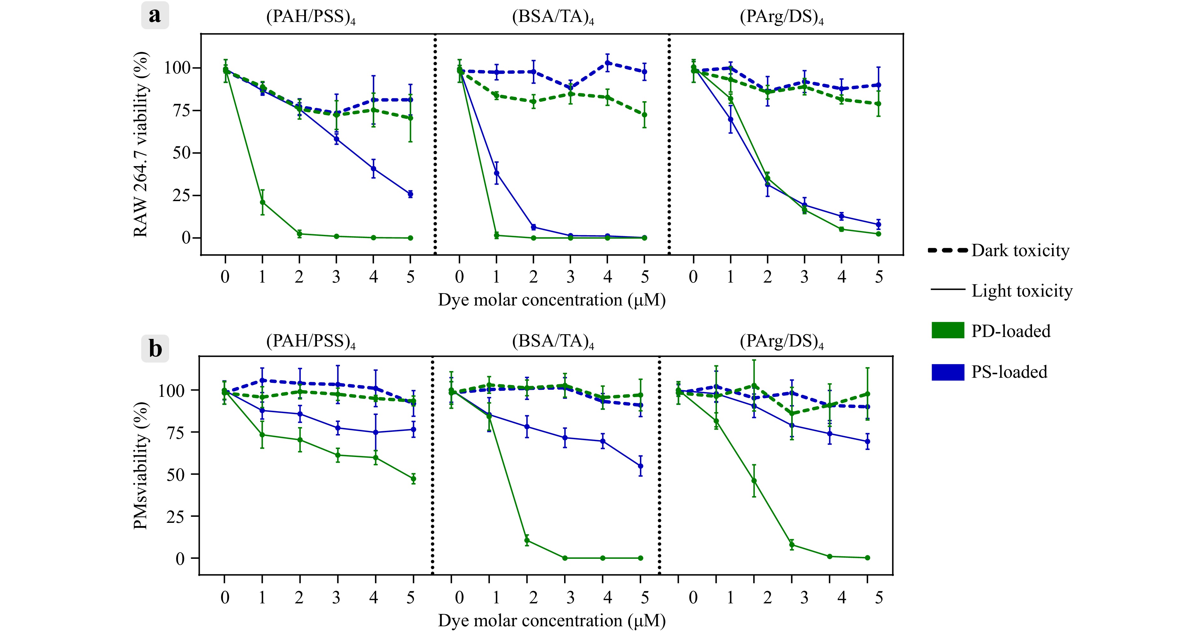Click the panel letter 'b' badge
click(x=155, y=348)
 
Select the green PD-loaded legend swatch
click(x=947, y=330)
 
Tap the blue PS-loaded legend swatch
click(x=947, y=372)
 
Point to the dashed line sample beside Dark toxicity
click(x=947, y=250)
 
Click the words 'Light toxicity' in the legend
click(x=1022, y=291)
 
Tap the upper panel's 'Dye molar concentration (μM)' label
click(x=552, y=300)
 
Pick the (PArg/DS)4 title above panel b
click(x=781, y=342)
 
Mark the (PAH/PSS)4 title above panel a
click(x=311, y=17)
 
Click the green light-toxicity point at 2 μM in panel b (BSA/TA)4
click(x=527, y=540)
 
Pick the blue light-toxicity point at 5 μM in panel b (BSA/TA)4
click(x=640, y=466)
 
